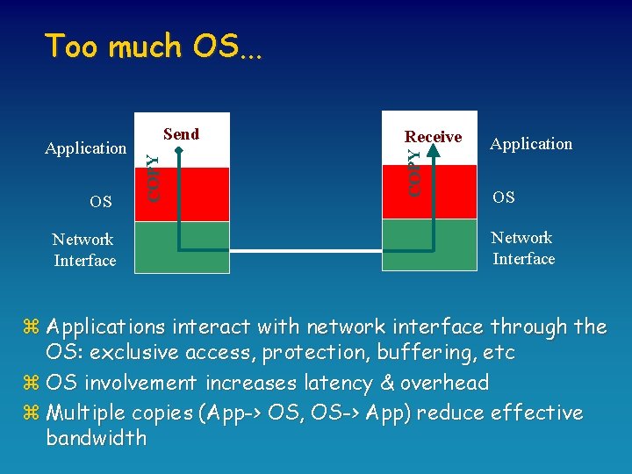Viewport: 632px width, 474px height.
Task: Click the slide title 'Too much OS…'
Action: [x=154, y=46]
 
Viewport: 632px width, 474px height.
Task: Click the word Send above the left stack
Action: [x=182, y=134]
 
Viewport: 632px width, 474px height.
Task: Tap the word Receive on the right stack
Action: [x=433, y=137]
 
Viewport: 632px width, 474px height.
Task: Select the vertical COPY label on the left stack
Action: [x=153, y=178]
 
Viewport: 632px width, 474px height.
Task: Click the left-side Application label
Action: [x=85, y=148]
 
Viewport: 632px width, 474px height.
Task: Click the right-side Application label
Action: [x=531, y=144]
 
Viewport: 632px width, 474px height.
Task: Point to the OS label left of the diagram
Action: [x=101, y=202]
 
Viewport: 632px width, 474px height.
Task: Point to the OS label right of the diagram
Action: [x=504, y=197]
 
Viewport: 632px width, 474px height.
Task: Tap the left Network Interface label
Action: [x=84, y=249]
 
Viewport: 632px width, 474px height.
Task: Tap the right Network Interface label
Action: [x=523, y=248]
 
